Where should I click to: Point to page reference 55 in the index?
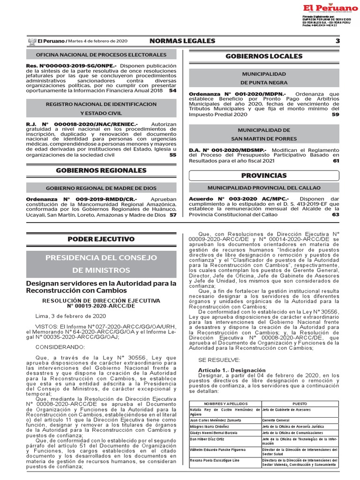pos(173,155)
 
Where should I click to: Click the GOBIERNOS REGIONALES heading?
pos(101,171)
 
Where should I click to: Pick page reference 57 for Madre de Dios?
pos(173,215)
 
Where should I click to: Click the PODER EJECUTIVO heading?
pos(101,239)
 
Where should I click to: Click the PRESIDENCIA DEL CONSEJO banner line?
pos(101,257)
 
